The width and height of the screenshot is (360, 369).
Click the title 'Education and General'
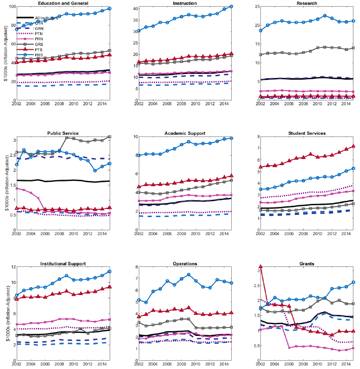coord(63,3)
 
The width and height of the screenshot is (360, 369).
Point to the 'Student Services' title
coord(307,133)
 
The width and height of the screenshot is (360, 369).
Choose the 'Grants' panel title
coord(307,263)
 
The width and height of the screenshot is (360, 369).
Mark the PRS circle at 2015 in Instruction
coord(231,7)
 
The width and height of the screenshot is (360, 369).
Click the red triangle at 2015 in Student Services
coord(353,147)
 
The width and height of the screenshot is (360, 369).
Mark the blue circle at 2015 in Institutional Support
coord(110,272)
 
